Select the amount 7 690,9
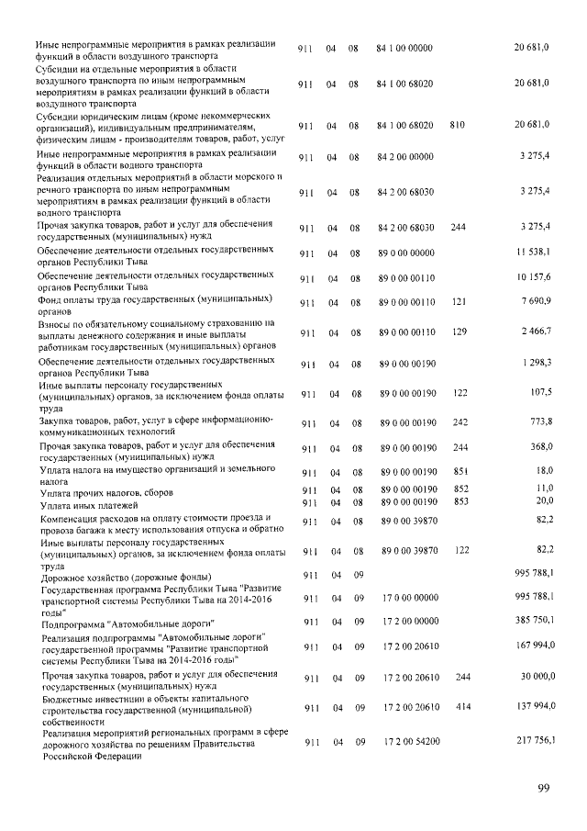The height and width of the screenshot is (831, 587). pos(533,302)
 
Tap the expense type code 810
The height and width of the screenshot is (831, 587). pos(460,124)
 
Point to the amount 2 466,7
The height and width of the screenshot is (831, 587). pos(533,330)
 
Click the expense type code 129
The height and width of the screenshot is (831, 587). pos(460,330)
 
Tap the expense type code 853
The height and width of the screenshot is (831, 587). pos(460,501)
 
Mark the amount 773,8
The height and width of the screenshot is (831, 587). pos(537,421)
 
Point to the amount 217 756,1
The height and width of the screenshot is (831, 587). pos(529,740)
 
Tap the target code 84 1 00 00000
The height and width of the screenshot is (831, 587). pos(405,47)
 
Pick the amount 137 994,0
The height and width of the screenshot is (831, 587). pos(529,708)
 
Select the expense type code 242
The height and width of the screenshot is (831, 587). pos(460,421)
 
